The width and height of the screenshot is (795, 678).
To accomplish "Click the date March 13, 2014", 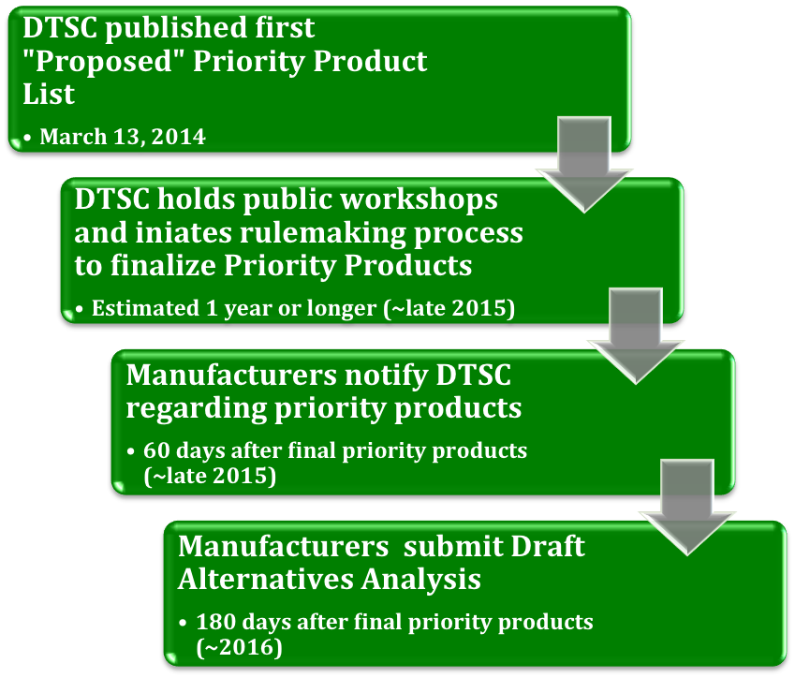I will click(x=123, y=137).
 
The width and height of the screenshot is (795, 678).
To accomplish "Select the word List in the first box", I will click(x=48, y=95).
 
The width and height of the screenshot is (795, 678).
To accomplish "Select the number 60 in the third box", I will click(x=156, y=450).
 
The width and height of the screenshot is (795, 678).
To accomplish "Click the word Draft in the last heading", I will click(x=549, y=546).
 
